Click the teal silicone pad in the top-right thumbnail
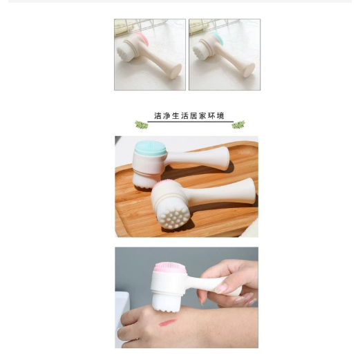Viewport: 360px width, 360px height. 218,37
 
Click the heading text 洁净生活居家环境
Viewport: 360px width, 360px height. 189,116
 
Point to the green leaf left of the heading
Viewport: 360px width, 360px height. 142,125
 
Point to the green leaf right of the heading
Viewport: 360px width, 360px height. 238,124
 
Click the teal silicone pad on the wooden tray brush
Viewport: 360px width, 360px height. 151,148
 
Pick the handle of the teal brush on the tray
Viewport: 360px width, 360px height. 199,158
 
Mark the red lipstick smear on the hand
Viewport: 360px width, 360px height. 168,322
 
